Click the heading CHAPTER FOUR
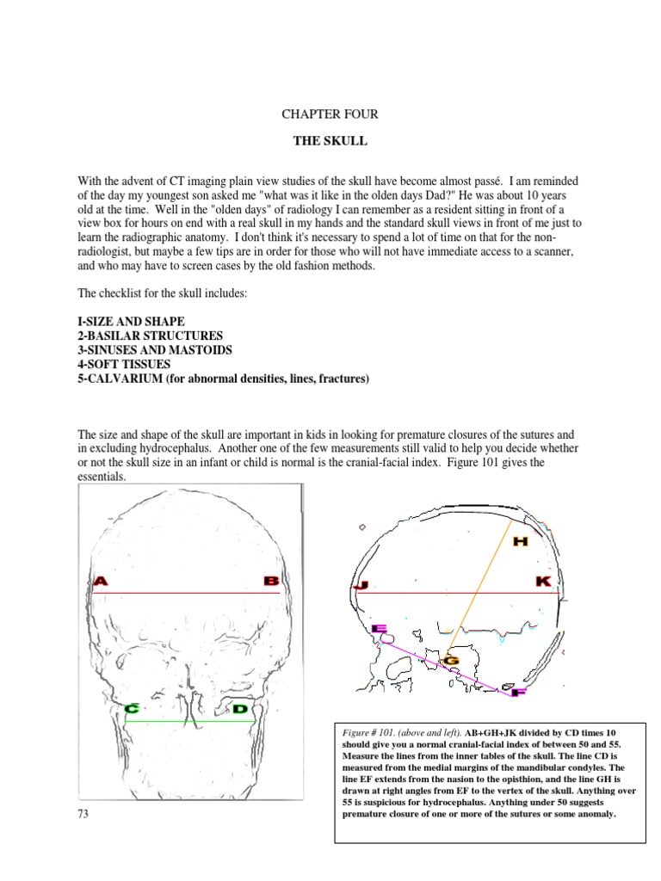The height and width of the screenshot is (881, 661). click(x=330, y=114)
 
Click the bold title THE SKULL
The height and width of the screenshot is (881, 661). click(x=330, y=140)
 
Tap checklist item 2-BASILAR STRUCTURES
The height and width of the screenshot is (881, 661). click(x=150, y=336)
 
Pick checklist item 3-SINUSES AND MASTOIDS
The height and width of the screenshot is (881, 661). click(x=157, y=350)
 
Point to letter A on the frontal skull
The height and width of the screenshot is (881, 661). click(x=101, y=582)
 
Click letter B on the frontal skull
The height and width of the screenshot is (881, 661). click(x=271, y=582)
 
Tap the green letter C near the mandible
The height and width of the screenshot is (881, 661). click(x=133, y=709)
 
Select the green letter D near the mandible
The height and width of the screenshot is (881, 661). click(x=240, y=709)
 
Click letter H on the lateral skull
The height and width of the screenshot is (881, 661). click(x=520, y=541)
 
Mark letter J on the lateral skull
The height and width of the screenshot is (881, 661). click(x=361, y=586)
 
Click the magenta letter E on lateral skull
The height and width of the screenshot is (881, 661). click(x=379, y=629)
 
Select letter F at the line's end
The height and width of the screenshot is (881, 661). click(x=517, y=691)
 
